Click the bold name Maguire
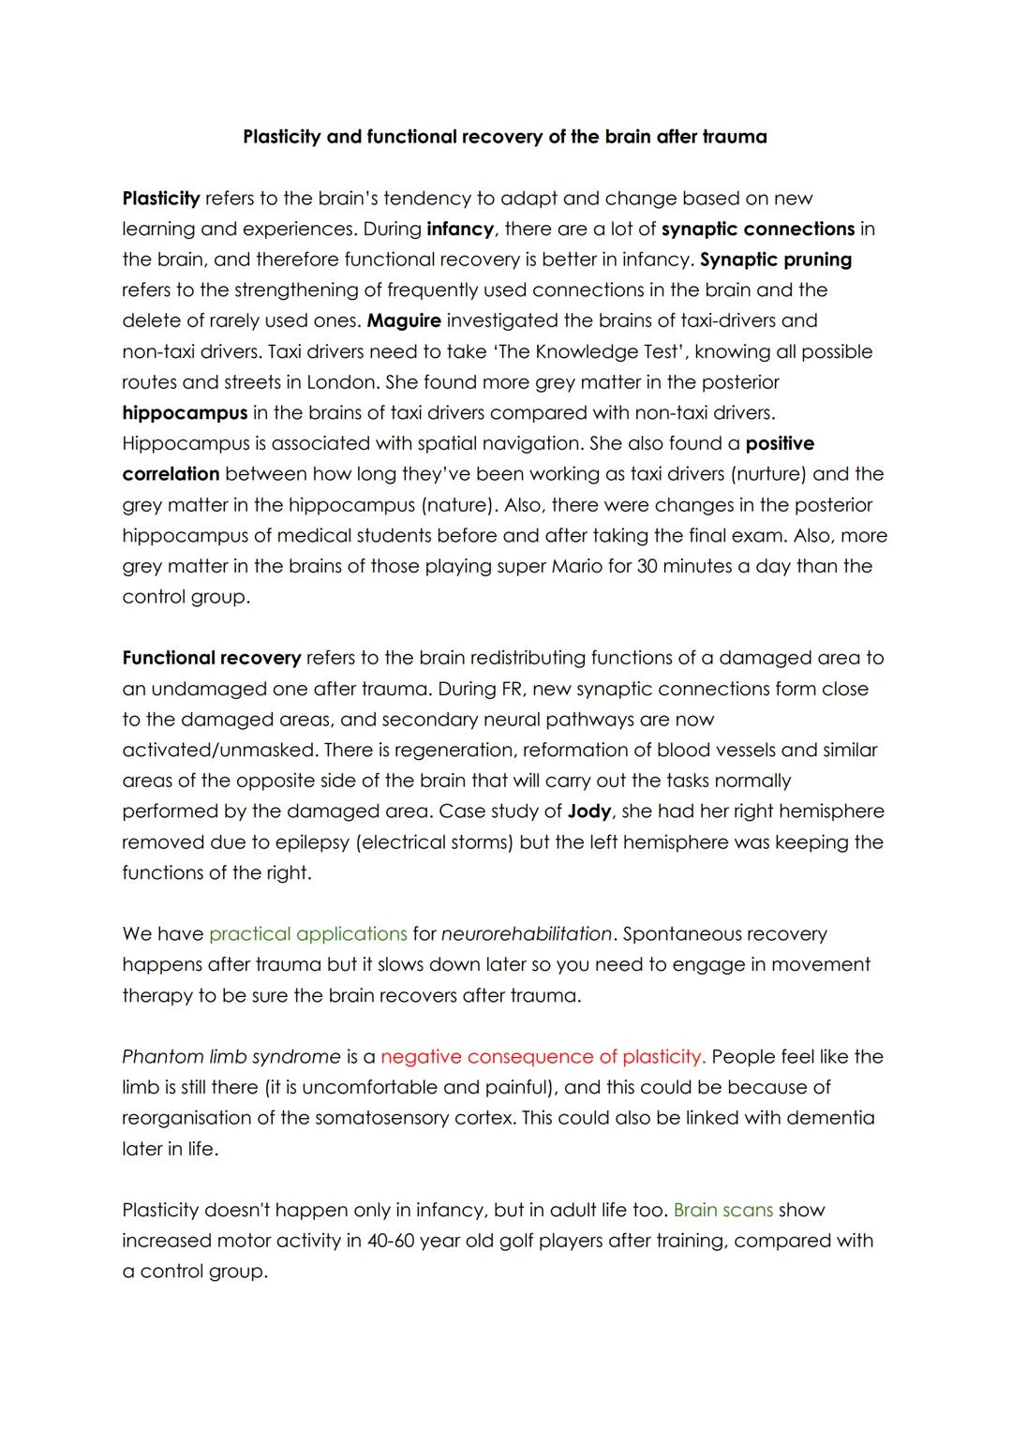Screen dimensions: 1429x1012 pos(403,320)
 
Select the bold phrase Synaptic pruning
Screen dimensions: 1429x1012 pos(776,260)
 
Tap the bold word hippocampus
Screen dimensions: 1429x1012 pos(185,413)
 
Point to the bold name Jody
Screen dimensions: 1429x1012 pos(589,811)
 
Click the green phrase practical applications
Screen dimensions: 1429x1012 pos(307,934)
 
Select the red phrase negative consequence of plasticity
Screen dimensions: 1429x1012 pos(543,1057)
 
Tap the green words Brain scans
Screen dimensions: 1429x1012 pos(722,1210)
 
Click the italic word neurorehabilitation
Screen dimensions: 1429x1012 pos(527,934)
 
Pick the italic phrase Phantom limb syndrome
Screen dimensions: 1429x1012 pos(231,1057)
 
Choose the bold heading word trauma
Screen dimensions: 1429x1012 pos(734,137)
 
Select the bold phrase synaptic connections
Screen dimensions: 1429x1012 pos(758,229)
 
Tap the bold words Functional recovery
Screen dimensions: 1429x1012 pos(212,658)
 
